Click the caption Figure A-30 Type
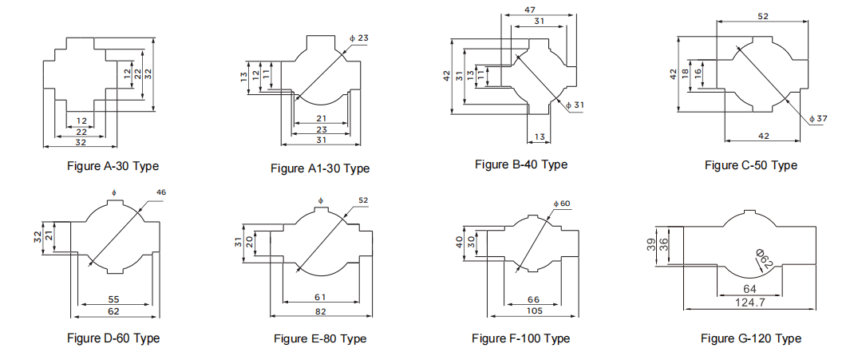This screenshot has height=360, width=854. click(113, 166)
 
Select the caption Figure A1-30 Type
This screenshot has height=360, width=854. click(320, 168)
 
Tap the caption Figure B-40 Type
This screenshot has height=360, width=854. click(521, 164)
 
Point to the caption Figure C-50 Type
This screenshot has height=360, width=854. click(750, 165)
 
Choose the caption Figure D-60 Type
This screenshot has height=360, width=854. click(113, 338)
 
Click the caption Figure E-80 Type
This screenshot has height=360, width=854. click(320, 338)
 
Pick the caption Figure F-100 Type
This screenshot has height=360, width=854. click(520, 338)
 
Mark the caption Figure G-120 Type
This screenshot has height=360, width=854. click(750, 338)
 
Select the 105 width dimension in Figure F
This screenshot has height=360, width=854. click(533, 310)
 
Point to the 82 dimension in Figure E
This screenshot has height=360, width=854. click(321, 310)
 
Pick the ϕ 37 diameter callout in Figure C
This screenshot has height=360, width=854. click(818, 118)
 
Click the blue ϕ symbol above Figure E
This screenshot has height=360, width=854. click(320, 199)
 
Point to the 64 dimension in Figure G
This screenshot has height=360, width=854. click(749, 289)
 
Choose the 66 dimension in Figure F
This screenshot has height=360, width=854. click(533, 299)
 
